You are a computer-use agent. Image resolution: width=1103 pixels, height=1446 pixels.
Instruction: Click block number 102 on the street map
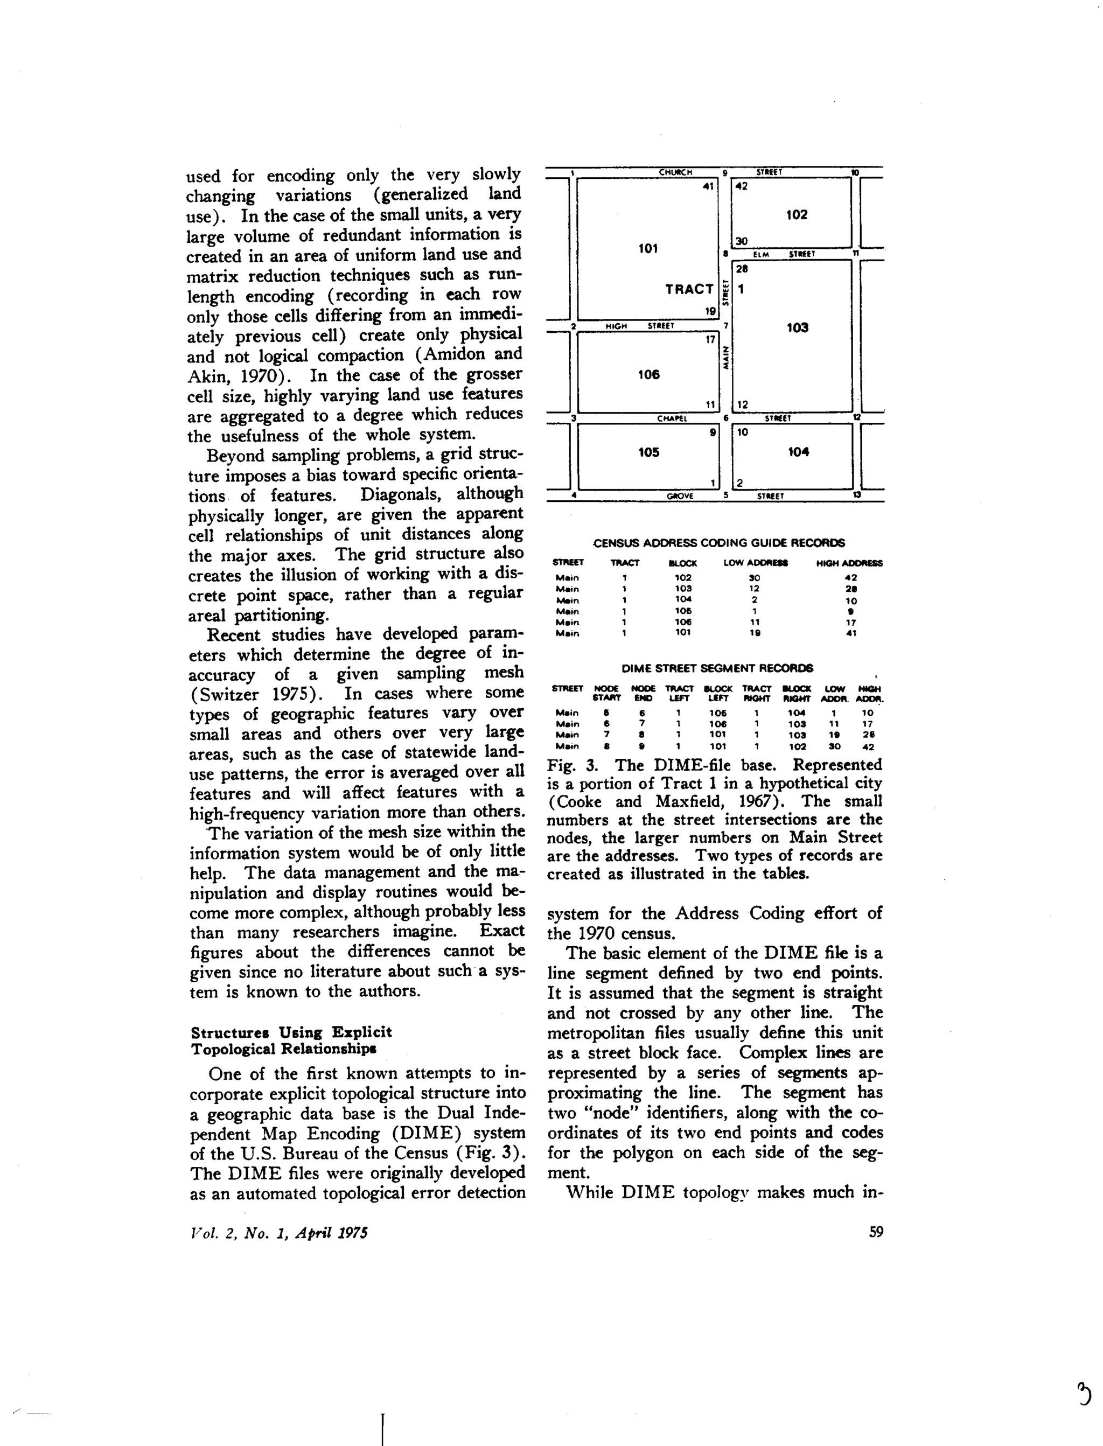(797, 215)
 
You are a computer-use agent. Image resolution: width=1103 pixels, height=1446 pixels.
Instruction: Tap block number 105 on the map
(648, 452)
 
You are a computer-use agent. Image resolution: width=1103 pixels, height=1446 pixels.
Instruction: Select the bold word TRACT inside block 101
(689, 289)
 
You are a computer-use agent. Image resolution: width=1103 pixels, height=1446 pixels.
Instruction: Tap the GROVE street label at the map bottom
(680, 496)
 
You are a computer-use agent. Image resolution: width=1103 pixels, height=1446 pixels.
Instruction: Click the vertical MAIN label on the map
(726, 358)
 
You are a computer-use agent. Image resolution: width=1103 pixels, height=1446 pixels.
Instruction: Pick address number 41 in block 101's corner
(708, 186)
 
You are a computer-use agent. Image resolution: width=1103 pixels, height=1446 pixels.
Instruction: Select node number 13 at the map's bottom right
(857, 496)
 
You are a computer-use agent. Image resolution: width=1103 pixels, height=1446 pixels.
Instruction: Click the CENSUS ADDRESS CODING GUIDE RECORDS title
(719, 543)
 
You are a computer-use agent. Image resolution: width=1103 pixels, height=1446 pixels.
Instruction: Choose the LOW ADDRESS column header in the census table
(755, 563)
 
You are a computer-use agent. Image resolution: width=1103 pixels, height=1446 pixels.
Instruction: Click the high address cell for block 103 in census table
(851, 589)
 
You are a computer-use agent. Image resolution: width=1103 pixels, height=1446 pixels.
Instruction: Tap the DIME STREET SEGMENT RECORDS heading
(717, 668)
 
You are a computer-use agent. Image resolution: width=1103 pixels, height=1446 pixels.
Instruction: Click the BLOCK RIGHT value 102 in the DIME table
(797, 746)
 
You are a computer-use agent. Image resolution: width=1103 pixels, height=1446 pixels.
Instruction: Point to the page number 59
(876, 1232)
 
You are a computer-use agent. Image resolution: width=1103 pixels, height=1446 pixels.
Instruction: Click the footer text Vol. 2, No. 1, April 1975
(278, 1233)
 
